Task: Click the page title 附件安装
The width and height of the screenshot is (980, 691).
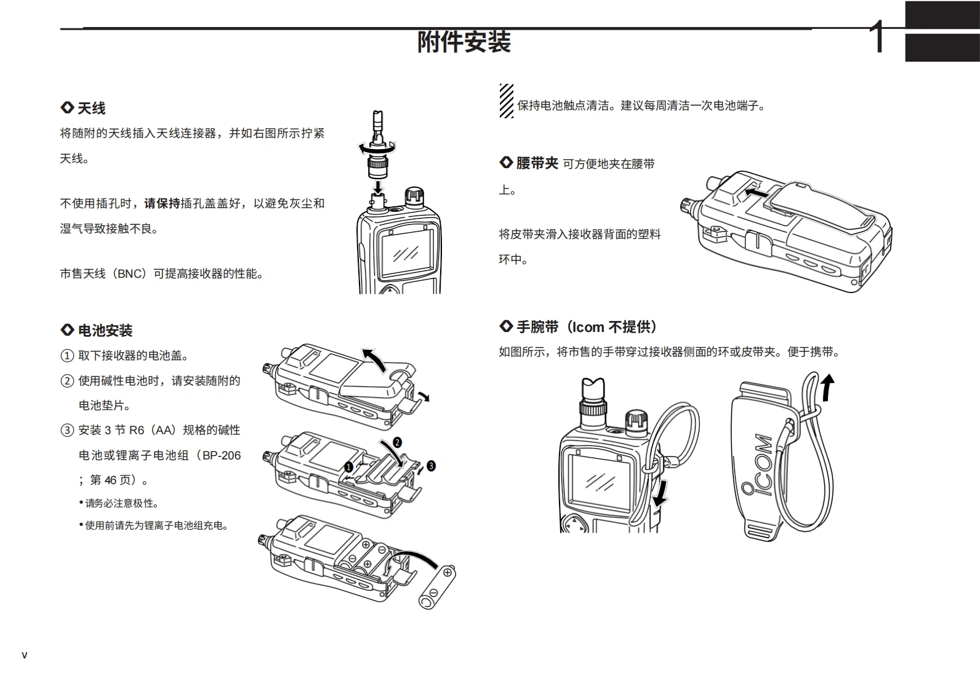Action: click(464, 42)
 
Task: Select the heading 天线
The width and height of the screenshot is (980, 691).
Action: click(91, 108)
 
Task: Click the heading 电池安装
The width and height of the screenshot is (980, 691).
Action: click(105, 331)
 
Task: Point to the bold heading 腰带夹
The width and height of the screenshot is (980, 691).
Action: click(537, 163)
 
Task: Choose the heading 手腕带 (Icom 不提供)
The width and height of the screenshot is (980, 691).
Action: click(586, 327)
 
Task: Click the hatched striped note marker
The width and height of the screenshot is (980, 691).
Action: click(506, 101)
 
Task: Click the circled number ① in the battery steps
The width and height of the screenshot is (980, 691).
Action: click(66, 356)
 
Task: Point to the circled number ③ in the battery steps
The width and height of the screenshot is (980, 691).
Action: click(66, 430)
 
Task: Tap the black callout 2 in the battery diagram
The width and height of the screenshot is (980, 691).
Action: click(397, 442)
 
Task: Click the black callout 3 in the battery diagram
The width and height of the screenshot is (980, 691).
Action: click(431, 466)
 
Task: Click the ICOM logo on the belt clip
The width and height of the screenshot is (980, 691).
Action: click(757, 464)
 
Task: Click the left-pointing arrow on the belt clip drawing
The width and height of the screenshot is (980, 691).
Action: click(755, 193)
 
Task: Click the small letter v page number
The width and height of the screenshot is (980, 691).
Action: click(25, 655)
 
